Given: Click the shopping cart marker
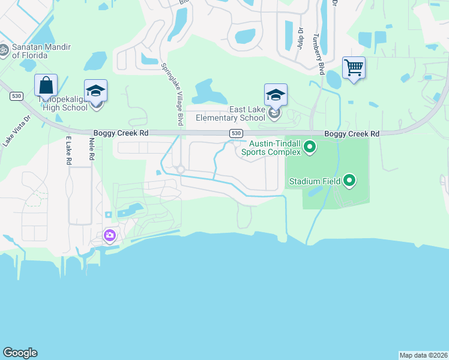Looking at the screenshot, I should pos(354,68).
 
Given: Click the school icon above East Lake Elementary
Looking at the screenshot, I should pos(276,94).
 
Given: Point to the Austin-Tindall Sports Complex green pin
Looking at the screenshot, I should pos(310,146).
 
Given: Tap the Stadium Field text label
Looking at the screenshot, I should pos(315,181).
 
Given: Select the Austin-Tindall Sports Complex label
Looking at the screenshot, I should pos(271,148).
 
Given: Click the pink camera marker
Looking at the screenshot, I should pos(109,235).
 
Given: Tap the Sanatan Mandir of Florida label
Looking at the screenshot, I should pos(42,51).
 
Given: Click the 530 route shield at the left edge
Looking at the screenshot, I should pos(16,96).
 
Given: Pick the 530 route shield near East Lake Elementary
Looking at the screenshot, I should pos(236,134).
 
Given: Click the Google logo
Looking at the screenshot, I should pos(20,353).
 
